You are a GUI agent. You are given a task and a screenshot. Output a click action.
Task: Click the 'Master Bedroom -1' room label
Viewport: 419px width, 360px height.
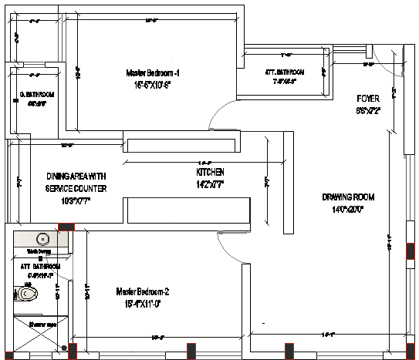[x=153, y=73]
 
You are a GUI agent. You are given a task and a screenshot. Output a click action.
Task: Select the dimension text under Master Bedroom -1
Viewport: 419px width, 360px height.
[x=151, y=85]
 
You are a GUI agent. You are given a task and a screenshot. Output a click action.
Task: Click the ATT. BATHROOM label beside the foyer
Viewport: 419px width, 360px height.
[x=285, y=72]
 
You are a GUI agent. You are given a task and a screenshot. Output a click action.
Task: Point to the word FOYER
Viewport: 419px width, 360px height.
[x=367, y=99]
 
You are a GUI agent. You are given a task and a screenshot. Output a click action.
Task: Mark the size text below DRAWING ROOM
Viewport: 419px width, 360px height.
[x=347, y=209]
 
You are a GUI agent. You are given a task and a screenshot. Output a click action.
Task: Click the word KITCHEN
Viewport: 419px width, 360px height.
[x=210, y=173]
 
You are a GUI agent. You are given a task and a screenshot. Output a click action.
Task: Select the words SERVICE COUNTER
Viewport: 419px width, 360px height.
[x=76, y=188]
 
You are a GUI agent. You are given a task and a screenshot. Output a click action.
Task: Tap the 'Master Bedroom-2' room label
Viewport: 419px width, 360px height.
[x=142, y=291]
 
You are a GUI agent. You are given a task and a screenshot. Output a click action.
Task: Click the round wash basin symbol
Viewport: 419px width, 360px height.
[x=43, y=239]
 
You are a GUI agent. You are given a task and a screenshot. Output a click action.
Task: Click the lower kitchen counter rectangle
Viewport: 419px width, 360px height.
[x=188, y=210]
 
